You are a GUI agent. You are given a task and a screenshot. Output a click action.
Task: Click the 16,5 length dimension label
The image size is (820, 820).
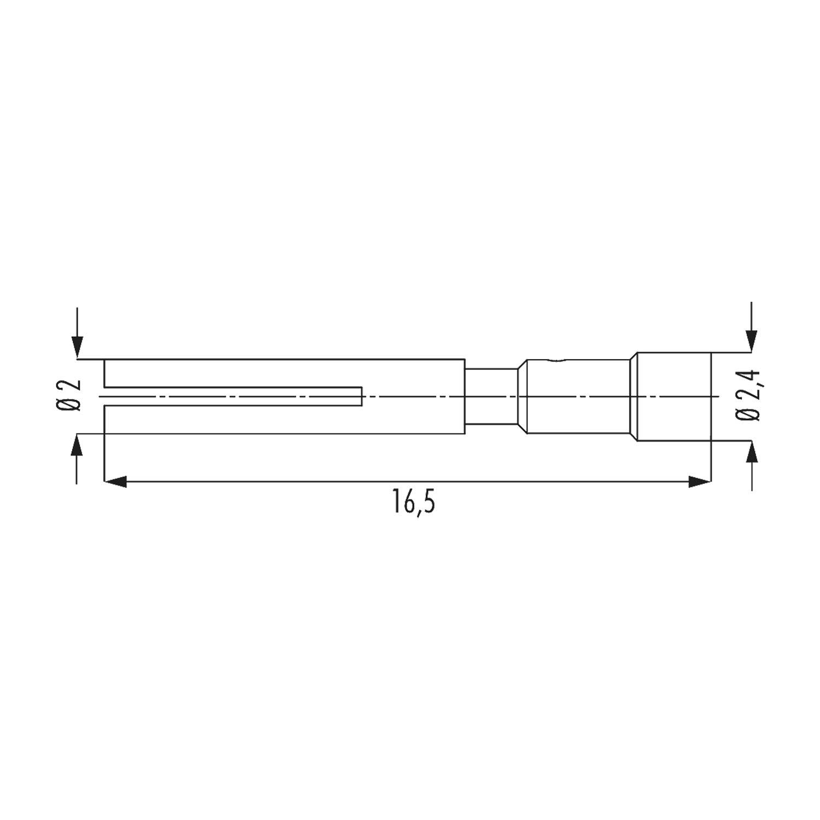pos(413,501)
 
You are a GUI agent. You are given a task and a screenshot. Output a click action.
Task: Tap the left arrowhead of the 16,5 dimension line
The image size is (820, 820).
pos(115,482)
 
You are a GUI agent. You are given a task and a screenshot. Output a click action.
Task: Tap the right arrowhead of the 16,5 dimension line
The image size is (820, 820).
pos(699,482)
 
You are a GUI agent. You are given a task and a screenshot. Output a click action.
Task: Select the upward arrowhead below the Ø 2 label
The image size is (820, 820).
pos(78,445)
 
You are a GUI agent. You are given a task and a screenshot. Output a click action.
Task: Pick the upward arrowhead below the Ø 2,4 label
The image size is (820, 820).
pos(752,452)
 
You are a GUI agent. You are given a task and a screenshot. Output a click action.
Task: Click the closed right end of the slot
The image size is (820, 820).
pos(362,396)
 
